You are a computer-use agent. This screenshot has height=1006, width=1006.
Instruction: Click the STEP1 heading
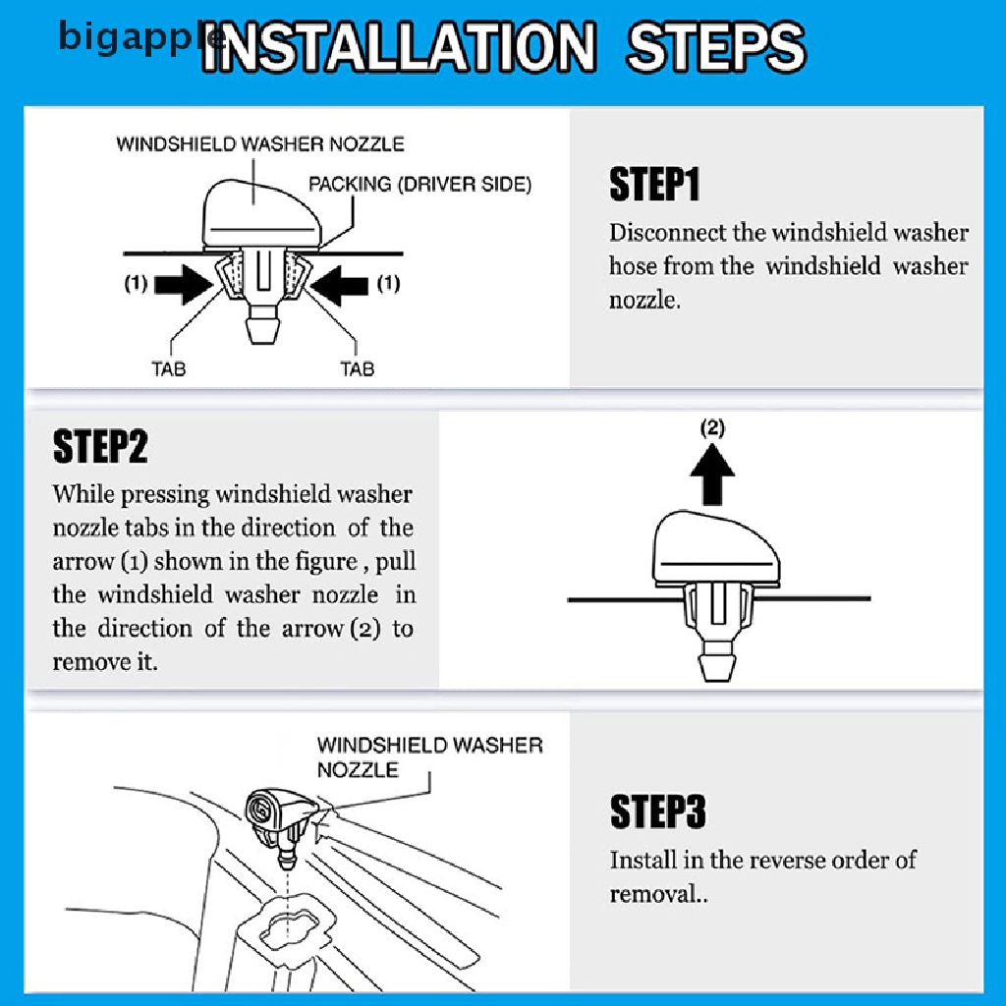653,184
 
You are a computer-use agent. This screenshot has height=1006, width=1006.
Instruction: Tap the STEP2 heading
100,447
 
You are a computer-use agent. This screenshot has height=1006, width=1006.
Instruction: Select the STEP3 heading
657,810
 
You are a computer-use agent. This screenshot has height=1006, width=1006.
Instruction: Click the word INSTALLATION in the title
399,47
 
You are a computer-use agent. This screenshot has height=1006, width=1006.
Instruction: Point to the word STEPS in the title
716,47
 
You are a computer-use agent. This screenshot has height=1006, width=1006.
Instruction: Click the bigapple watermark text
141,37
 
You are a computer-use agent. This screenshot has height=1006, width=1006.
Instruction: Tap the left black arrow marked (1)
184,283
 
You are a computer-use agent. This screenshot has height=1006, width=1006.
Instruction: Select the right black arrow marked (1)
340,284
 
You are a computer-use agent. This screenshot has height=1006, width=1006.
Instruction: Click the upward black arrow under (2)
712,475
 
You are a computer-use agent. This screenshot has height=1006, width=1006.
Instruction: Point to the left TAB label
169,369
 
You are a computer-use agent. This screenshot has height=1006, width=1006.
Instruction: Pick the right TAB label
358,369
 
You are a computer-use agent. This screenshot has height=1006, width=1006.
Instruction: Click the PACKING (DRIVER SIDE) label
420,185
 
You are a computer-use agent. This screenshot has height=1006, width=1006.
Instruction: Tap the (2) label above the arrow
712,427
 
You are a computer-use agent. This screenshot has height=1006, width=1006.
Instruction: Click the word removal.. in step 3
659,894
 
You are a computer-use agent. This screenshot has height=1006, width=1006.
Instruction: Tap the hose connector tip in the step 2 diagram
715,668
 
